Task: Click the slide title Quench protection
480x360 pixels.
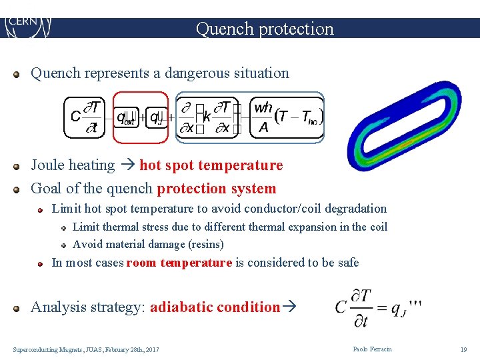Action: pos(265,29)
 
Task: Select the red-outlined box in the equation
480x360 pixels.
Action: pos(141,117)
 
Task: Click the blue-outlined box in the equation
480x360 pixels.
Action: pos(250,117)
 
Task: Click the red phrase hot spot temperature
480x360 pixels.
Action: pos(211,165)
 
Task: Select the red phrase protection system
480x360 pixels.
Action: pos(216,189)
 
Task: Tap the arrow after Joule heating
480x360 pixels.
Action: pos(127,165)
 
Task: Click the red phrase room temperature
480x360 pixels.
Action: pos(179,263)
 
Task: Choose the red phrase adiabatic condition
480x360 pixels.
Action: pos(215,307)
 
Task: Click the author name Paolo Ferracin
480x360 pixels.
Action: pos(372,349)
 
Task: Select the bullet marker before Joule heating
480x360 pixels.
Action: pos(19,165)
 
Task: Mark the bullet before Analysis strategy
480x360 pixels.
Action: pos(19,307)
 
